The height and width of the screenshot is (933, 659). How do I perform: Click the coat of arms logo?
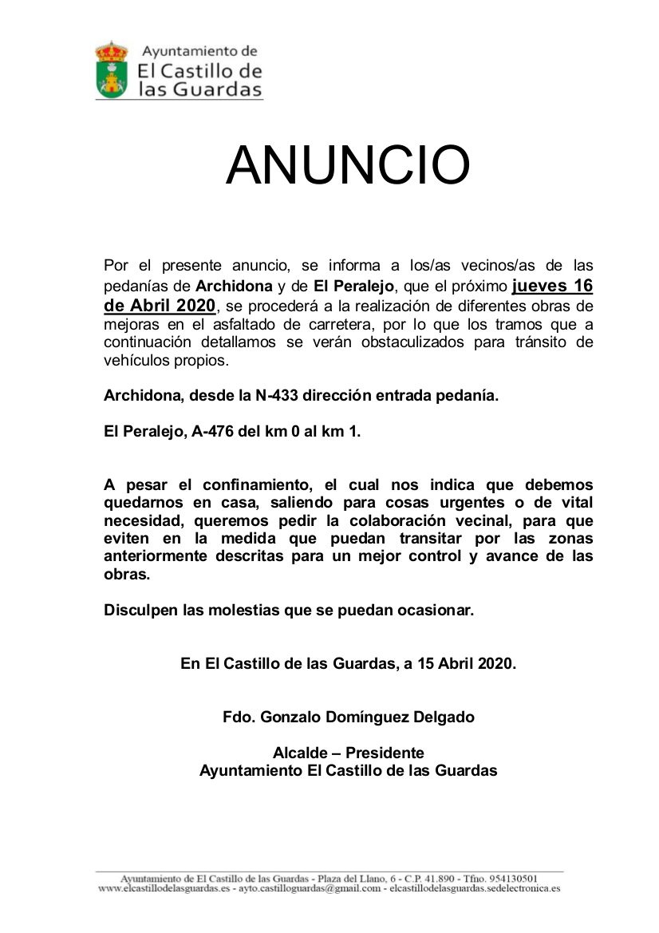[112, 70]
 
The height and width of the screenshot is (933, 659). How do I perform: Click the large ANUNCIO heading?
[348, 165]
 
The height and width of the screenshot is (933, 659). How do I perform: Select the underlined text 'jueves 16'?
[552, 285]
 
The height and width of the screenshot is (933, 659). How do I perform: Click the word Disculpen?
[140, 611]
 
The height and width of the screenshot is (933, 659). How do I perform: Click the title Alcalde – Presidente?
[348, 753]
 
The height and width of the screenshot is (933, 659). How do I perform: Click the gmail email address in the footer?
[307, 888]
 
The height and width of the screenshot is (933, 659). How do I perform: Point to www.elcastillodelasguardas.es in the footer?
[165, 888]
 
